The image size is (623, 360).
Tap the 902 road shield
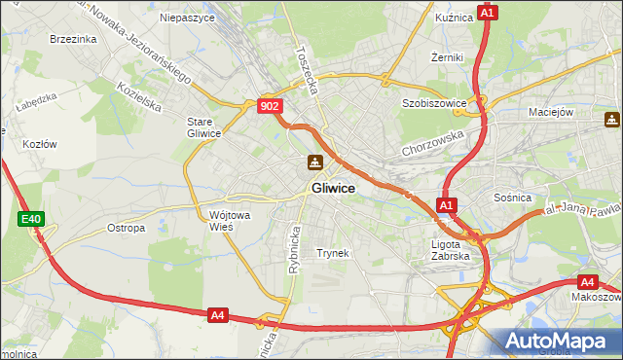[272, 106]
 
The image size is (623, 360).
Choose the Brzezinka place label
[73, 39]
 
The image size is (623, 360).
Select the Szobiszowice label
[434, 102]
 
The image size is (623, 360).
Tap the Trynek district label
[332, 253]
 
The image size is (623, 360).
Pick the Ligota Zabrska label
[451, 250]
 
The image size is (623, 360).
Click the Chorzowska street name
[432, 145]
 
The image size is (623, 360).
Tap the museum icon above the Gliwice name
[315, 162]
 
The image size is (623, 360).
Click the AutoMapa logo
[559, 340]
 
